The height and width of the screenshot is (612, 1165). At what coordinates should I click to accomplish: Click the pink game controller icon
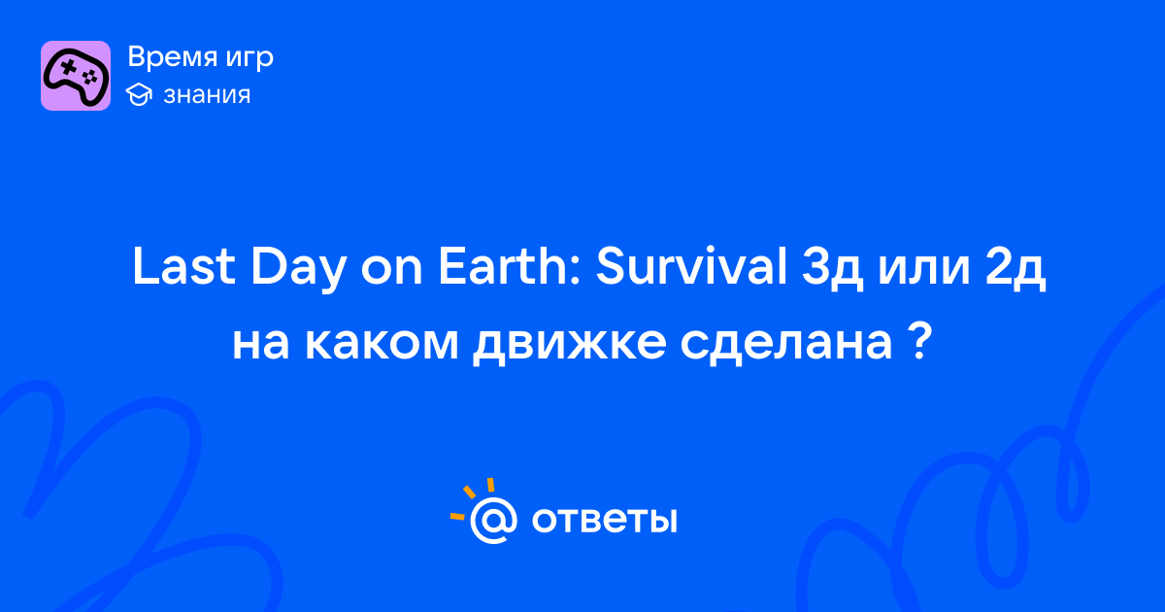point(76,76)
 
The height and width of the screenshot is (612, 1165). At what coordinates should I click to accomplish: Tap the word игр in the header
point(250,59)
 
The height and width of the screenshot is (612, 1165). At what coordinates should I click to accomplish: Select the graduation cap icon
point(139,95)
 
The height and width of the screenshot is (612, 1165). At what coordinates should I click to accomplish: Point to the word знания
point(207,95)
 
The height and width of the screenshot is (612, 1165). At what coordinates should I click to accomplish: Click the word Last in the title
point(183,266)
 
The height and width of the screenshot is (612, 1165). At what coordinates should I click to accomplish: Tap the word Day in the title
point(299,269)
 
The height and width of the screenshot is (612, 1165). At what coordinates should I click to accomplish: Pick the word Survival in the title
point(691,266)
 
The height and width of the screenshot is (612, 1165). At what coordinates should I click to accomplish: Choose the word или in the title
point(924,271)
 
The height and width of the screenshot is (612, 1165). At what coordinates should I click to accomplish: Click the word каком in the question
point(382,344)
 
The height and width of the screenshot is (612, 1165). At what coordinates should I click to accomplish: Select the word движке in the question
point(570,346)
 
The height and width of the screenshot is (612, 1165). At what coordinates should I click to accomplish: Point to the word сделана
point(786,346)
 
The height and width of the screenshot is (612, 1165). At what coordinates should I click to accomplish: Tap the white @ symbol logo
point(493,520)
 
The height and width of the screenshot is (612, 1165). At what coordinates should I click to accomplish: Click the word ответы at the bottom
point(605,520)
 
